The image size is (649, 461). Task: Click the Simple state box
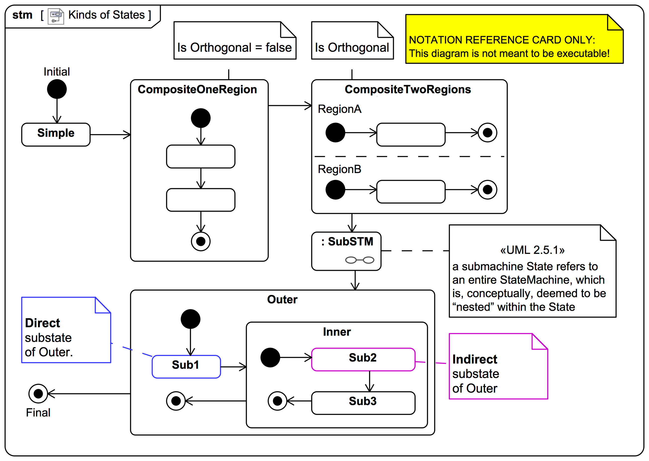(56, 135)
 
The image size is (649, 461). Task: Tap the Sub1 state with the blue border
(186, 367)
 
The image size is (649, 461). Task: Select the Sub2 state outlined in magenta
(363, 359)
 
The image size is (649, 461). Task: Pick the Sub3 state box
(363, 403)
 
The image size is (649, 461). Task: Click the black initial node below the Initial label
(57, 89)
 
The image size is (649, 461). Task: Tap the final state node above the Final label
(38, 393)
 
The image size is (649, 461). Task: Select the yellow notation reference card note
(514, 39)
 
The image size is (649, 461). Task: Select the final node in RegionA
(487, 133)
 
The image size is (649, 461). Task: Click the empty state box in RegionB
(411, 192)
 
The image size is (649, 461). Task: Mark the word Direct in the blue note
(42, 323)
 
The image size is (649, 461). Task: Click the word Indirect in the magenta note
(475, 359)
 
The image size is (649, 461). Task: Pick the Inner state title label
(337, 332)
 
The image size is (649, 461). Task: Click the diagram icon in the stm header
(56, 16)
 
